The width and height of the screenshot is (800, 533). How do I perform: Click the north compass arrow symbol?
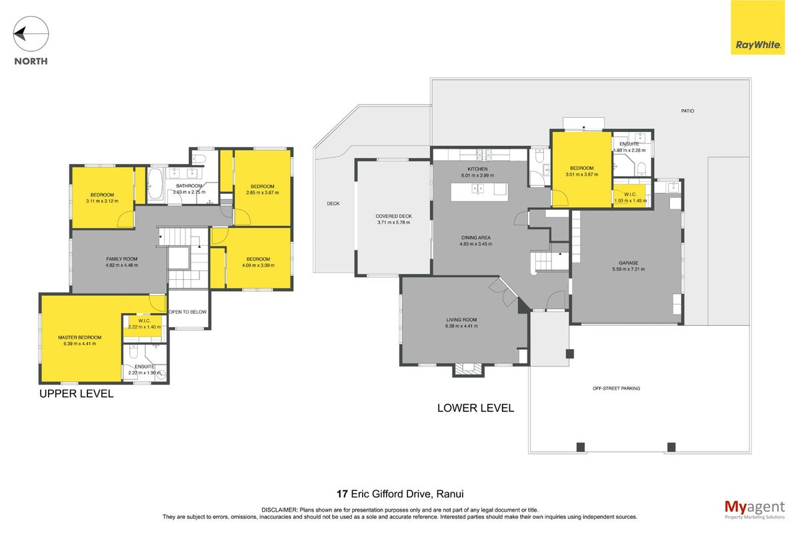(31, 34)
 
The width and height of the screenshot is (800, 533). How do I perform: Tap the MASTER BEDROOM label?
(79, 337)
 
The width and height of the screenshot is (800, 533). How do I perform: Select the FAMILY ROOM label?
(122, 259)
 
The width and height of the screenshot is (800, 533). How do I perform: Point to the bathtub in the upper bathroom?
(155, 184)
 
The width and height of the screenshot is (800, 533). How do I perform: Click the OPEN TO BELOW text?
(188, 312)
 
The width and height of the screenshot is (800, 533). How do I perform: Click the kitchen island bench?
(479, 192)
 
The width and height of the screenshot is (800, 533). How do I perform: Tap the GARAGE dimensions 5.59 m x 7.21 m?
(629, 269)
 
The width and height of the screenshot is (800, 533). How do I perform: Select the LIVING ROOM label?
(461, 320)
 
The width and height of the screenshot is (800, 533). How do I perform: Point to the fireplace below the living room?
(468, 370)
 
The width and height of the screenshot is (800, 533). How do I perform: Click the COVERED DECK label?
(393, 216)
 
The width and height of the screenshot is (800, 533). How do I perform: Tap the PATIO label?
(687, 111)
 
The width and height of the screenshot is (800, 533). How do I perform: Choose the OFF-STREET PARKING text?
(617, 388)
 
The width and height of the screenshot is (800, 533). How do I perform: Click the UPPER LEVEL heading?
(77, 394)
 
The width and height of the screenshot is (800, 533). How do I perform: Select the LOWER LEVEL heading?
(476, 408)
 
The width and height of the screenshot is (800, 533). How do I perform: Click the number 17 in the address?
(342, 494)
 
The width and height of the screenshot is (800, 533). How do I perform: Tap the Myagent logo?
(755, 510)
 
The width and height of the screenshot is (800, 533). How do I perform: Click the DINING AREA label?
(476, 238)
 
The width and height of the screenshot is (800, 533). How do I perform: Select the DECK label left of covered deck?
(333, 203)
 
